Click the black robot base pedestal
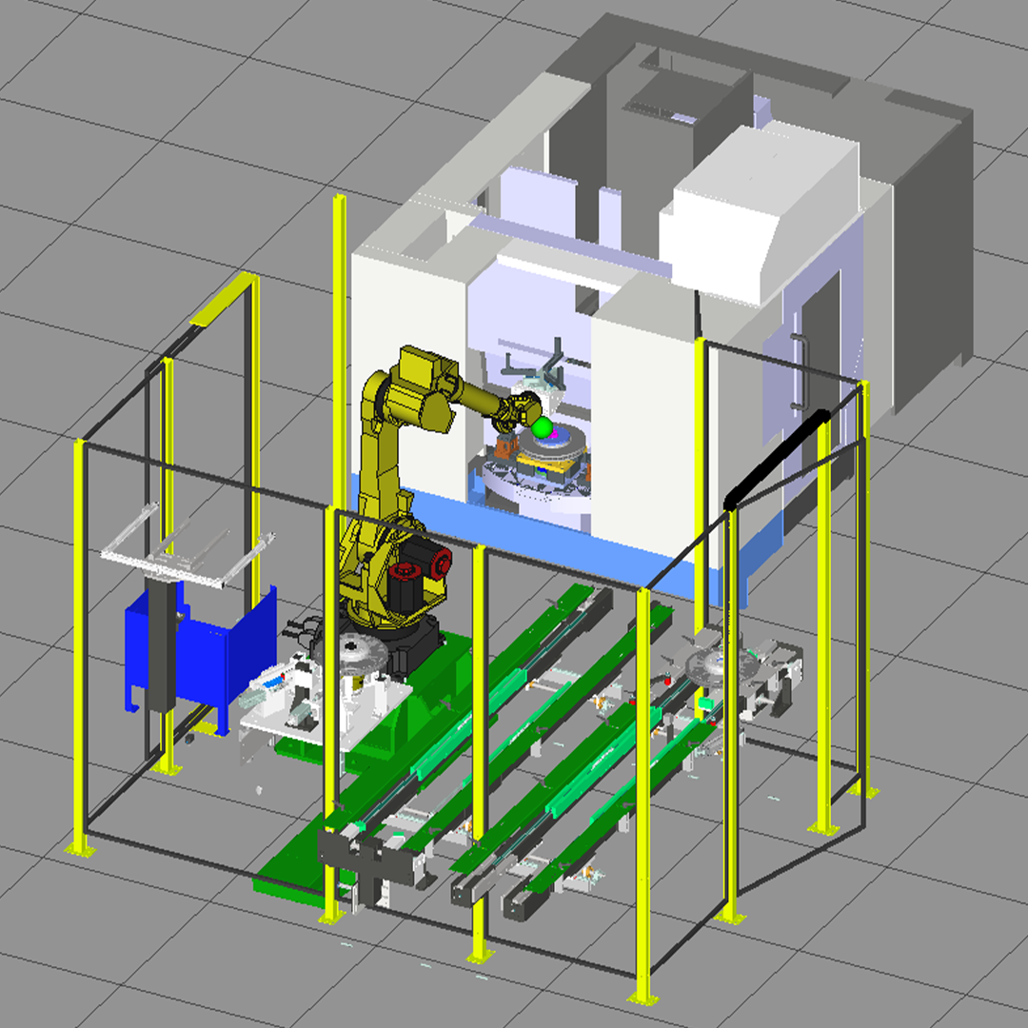pos(414,647)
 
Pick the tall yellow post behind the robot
pos(340,314)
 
